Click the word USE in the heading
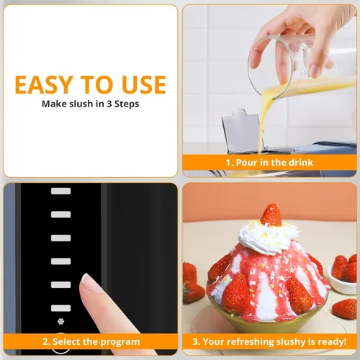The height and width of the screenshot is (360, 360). point(144,85)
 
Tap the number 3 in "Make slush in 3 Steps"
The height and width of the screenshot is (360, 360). point(109,104)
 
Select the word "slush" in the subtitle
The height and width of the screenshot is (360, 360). point(81,104)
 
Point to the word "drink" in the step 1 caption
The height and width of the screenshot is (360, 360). point(301,163)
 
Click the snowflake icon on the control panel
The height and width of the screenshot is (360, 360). point(60,321)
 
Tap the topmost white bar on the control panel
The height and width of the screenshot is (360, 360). point(60,191)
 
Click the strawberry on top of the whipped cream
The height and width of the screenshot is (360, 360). point(271,215)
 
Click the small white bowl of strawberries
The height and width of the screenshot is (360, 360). point(342,282)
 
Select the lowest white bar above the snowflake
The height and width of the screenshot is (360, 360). point(60,308)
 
